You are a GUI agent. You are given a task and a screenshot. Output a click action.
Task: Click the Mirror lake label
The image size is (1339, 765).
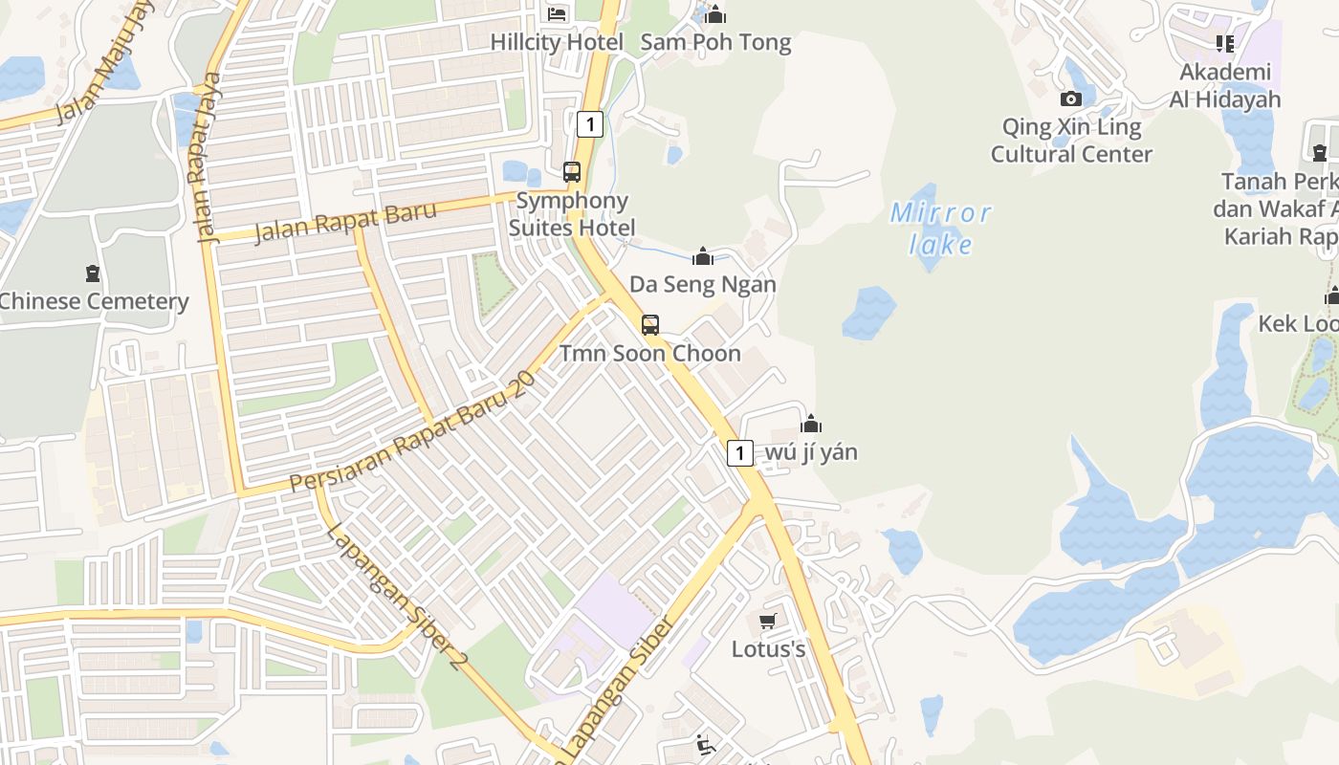(941, 228)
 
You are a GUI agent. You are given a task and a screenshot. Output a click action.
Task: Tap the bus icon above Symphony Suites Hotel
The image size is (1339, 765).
(572, 172)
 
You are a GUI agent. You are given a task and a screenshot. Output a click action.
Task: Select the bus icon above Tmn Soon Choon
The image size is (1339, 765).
(650, 325)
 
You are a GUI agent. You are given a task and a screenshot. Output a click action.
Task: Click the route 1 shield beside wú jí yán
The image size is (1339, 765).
(739, 452)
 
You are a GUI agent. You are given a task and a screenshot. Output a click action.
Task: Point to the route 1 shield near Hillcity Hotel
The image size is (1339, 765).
(590, 123)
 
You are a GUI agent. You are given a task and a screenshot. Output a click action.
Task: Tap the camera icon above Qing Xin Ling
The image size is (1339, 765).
(1071, 98)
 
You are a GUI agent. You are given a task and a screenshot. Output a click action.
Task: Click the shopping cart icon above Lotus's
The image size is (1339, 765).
(767, 623)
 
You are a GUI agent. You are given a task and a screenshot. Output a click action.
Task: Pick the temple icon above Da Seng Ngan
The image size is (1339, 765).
(703, 256)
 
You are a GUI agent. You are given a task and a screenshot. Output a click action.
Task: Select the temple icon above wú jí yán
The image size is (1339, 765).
(811, 424)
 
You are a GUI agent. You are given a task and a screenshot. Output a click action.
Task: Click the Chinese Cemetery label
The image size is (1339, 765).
(94, 301)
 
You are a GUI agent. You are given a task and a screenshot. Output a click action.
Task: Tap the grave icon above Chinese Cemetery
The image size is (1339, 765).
(92, 273)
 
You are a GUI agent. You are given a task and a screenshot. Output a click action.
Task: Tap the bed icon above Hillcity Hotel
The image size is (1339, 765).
(557, 13)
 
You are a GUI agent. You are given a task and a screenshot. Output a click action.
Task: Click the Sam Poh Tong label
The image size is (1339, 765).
(715, 42)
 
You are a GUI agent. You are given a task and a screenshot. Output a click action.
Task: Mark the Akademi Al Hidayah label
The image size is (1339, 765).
(1224, 86)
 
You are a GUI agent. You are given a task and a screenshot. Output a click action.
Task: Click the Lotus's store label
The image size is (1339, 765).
(768, 649)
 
